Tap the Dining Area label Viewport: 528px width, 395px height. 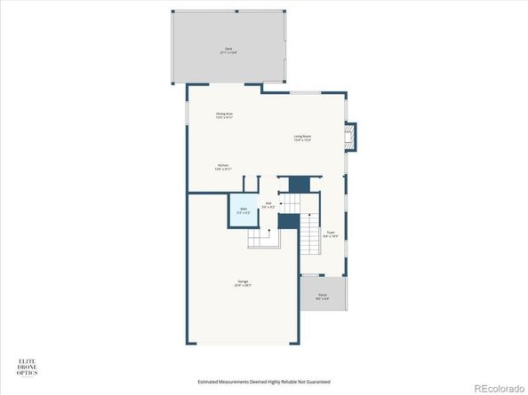224,115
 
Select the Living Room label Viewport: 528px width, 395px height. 303,138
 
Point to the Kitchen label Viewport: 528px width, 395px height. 224,166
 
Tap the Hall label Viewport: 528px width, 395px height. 279,205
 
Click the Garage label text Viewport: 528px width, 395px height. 242,286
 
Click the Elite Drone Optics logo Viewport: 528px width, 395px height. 27,365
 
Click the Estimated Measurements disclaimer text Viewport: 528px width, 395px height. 264,382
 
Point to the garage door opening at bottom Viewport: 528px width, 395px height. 243,344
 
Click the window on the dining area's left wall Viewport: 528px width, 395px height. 187,115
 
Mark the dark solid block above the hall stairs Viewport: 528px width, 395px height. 299,184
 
